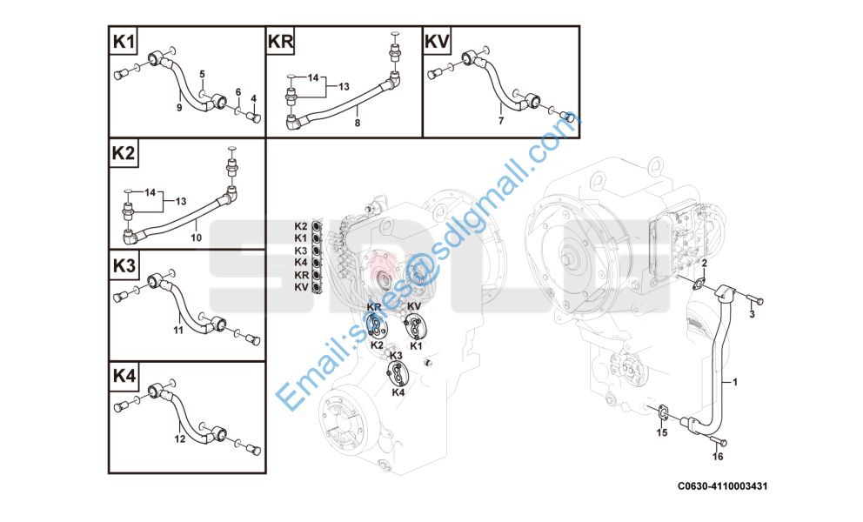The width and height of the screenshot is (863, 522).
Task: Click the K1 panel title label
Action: [x=124, y=41]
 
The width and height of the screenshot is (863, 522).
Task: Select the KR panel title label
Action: [x=280, y=41]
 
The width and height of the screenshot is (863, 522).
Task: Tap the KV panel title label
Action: [x=437, y=41]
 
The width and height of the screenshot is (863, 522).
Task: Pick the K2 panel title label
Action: [x=124, y=153]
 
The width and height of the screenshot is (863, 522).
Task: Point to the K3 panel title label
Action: [x=124, y=266]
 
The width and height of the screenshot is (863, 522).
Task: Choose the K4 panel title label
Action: [x=124, y=376]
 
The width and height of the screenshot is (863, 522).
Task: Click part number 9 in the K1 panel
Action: [x=179, y=108]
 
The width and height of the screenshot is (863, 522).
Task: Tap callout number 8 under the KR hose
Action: [x=358, y=124]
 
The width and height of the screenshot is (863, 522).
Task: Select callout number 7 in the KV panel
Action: [x=501, y=121]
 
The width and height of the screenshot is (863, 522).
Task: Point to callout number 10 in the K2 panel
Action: [x=196, y=238]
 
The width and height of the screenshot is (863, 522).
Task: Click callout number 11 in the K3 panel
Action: [x=178, y=331]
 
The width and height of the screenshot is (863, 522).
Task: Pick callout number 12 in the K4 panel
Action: [x=180, y=439]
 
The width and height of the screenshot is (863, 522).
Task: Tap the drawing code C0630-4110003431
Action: [x=722, y=486]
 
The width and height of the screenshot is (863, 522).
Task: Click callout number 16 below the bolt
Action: [x=718, y=457]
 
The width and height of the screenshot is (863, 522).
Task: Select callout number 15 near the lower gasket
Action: [x=661, y=432]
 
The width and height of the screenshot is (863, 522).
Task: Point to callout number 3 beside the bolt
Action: [x=753, y=314]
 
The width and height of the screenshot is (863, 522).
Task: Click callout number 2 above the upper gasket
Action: [x=704, y=264]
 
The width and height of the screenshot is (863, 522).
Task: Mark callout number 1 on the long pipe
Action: [x=735, y=382]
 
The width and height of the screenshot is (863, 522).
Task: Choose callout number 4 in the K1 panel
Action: [x=254, y=99]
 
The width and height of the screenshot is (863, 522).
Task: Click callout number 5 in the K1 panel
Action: [x=202, y=74]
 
